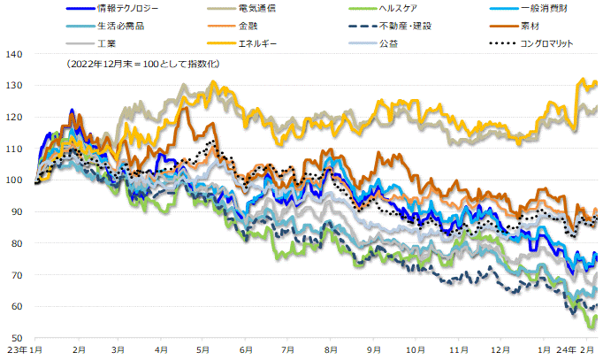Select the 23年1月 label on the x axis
point(21,350)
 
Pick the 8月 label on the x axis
point(331,350)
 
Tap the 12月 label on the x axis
point(500,350)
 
